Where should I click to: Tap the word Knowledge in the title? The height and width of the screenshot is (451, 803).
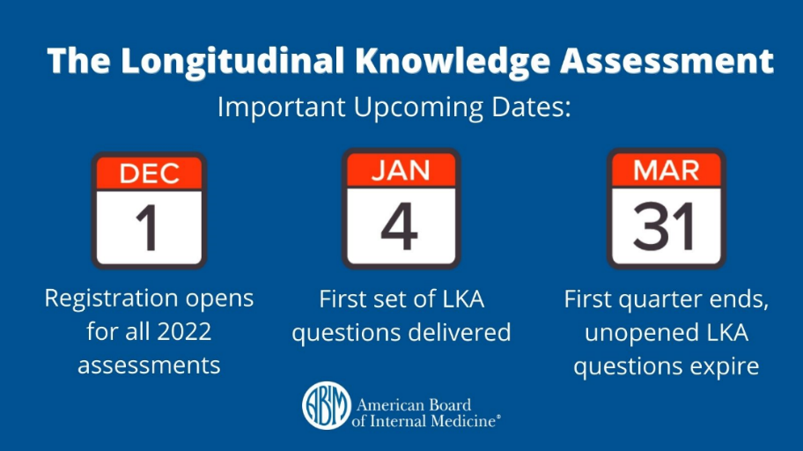point(453,61)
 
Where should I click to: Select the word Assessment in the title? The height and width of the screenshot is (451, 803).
point(667,61)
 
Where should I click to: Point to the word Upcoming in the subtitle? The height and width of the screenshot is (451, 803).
point(418,108)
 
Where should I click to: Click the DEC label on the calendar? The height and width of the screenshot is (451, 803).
point(150,174)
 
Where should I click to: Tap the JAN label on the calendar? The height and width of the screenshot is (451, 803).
point(401,171)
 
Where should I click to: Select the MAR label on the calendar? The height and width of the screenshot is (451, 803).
point(667,171)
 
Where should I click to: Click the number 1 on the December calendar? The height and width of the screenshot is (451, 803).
point(148,227)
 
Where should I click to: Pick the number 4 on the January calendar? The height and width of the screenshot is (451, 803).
point(400,226)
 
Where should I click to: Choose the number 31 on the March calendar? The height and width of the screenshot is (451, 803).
point(664,226)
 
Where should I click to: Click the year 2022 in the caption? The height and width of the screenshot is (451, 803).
point(184,331)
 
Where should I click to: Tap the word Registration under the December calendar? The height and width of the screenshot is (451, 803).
point(111,299)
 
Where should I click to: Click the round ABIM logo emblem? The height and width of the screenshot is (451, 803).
point(326,405)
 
